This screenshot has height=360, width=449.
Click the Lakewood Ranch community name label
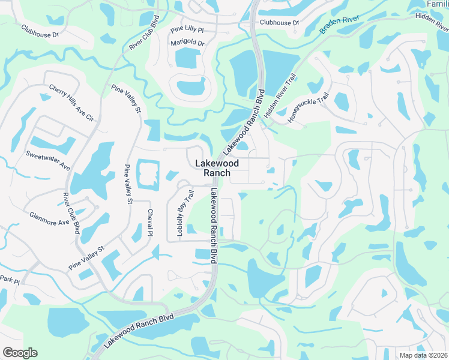coord(217,168)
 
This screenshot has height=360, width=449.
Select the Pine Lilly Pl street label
coord(187,29)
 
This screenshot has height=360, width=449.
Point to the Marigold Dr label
coord(188,43)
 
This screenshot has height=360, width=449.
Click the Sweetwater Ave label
coord(48,158)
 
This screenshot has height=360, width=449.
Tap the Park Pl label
coord(10,281)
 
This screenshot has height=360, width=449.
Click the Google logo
coord(20,353)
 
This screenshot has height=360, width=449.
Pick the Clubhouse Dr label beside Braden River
coord(279,23)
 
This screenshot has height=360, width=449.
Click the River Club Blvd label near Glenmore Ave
coord(72,213)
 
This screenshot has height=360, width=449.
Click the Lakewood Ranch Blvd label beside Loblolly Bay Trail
coord(213,225)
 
